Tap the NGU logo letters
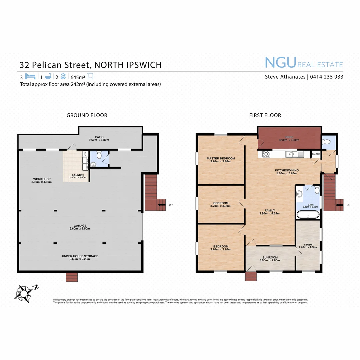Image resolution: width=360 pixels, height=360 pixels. [280, 63]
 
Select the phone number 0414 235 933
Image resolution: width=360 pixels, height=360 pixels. [327, 77]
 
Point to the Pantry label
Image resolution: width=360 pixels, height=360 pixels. [316, 154]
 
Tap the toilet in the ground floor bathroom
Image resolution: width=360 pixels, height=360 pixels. [99, 155]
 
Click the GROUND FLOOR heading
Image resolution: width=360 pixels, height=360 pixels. [87, 115]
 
